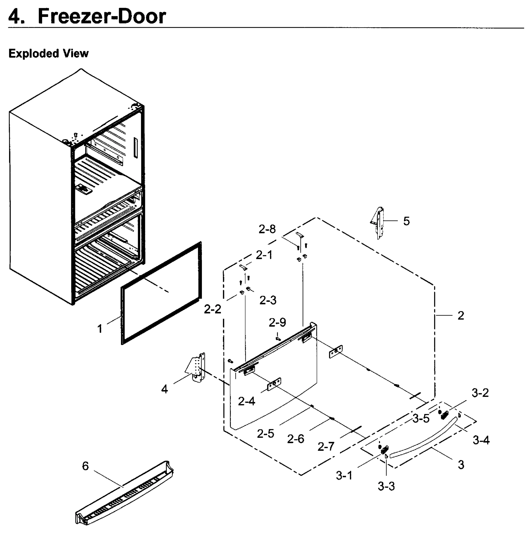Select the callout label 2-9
[x=277, y=322]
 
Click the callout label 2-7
[x=326, y=446]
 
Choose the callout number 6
[x=85, y=466]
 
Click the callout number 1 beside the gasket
[x=100, y=329]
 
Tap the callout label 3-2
[x=480, y=393]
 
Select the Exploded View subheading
[x=49, y=53]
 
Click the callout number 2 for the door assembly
[x=461, y=316]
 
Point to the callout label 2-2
[x=212, y=309]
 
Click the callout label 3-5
[x=421, y=418]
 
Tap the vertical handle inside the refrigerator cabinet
[x=135, y=148]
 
